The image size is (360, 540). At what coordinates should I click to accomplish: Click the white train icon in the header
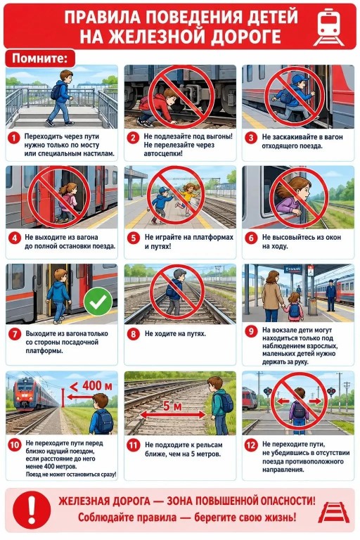[x=328, y=27]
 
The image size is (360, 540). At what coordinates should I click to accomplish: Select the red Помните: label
[x=40, y=58]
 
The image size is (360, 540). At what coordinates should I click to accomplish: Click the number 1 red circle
[x=14, y=139]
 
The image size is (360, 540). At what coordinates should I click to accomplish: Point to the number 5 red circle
[x=134, y=238]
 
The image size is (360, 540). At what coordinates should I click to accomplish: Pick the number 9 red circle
[x=251, y=331]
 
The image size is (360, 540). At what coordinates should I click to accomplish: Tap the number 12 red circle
[x=251, y=445]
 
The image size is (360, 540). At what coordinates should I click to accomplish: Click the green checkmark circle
[x=98, y=302]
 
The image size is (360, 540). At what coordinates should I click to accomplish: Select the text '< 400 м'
[x=91, y=386]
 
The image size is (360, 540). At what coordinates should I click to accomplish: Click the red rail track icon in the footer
[x=333, y=513]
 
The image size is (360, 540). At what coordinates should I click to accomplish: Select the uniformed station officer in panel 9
[x=330, y=295]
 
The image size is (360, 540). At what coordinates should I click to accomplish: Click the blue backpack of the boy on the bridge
[x=56, y=91]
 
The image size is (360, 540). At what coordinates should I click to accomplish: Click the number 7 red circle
[x=15, y=334]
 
